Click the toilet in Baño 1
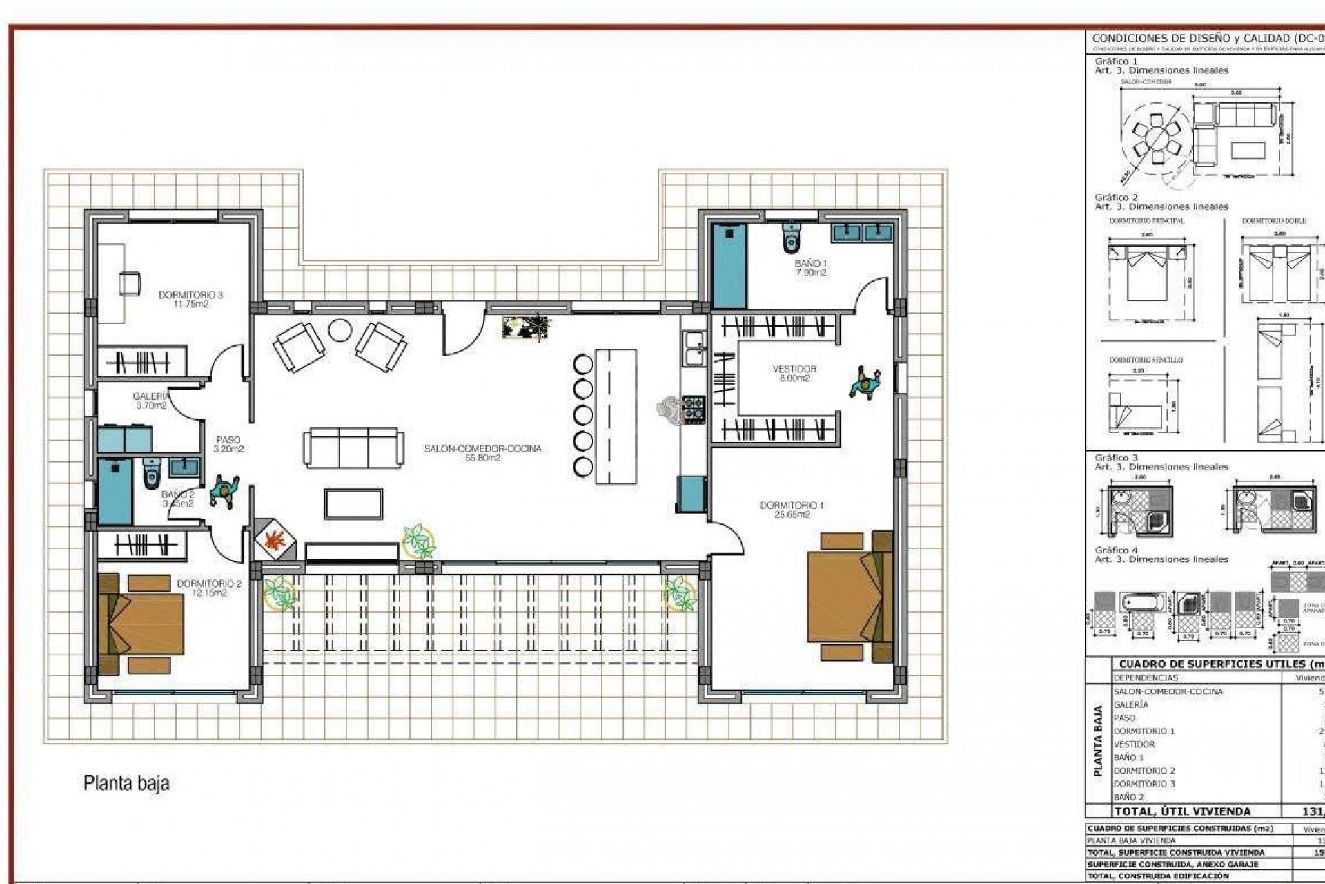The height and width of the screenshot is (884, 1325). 792,238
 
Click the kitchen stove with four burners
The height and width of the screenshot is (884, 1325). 694,409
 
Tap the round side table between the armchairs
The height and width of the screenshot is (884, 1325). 340,330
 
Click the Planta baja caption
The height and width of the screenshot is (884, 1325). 126,783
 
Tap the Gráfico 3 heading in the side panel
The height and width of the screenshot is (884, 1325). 1116,457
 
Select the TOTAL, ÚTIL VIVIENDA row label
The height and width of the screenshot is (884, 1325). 1182,811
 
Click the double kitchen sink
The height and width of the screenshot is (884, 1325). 693,348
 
